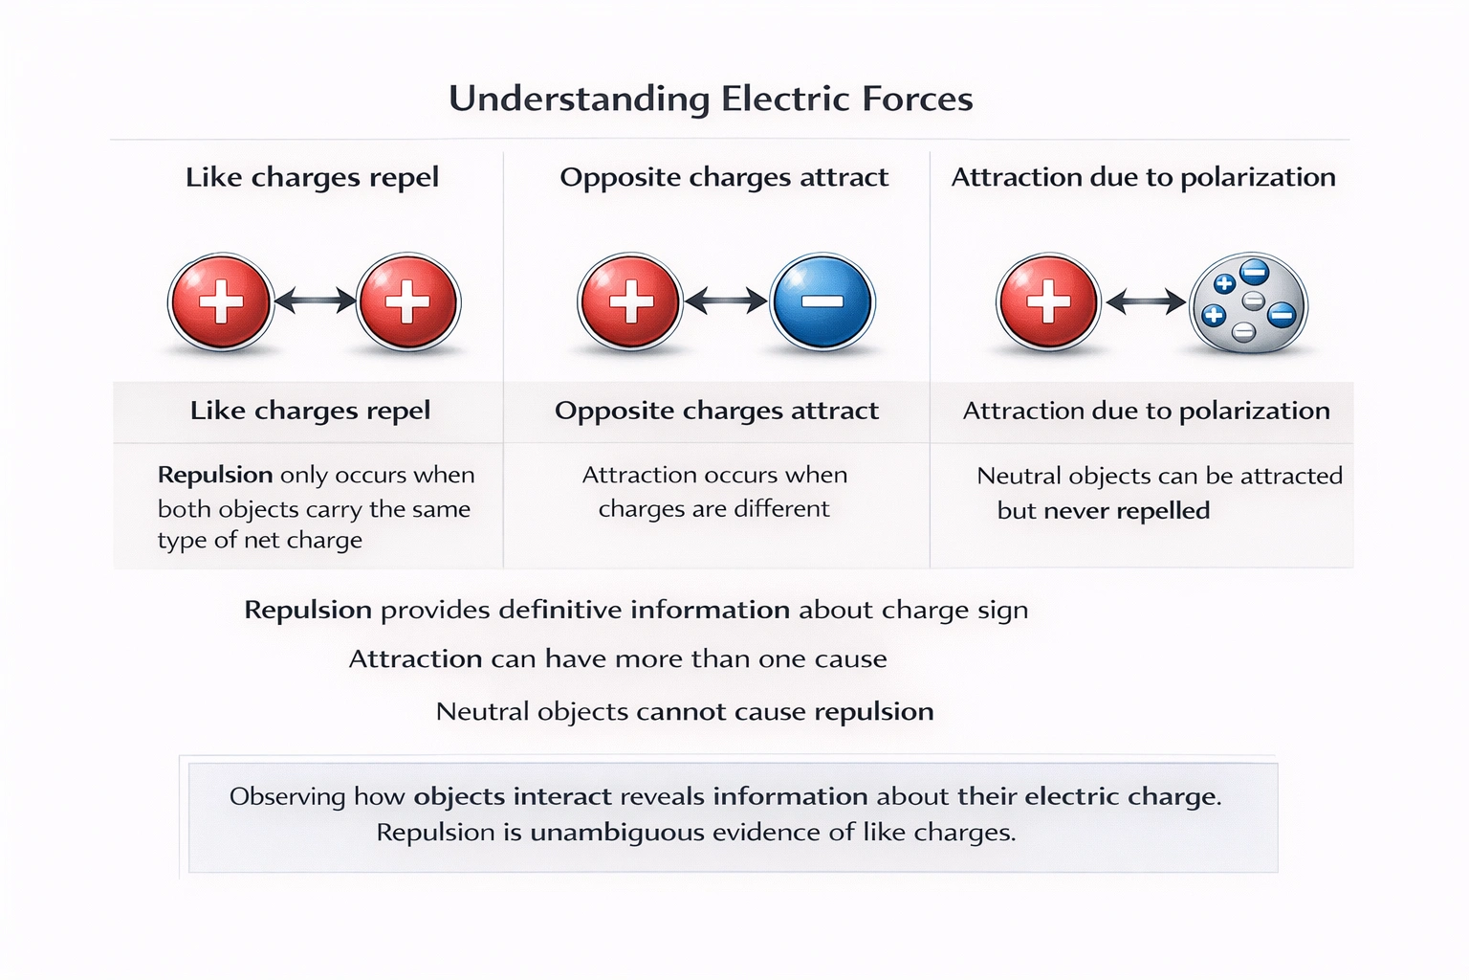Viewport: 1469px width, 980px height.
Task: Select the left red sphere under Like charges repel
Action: pyautogui.click(x=220, y=302)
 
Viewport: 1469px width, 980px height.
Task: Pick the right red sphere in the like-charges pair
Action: pyautogui.click(x=408, y=302)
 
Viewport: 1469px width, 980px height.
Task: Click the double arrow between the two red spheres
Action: pyautogui.click(x=315, y=301)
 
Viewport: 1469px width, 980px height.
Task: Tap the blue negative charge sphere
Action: pyautogui.click(x=822, y=302)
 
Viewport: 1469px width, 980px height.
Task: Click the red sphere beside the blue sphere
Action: pyautogui.click(x=630, y=302)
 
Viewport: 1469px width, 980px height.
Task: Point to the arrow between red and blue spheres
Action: pyautogui.click(x=726, y=301)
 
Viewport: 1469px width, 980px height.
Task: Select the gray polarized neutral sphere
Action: pyautogui.click(x=1248, y=304)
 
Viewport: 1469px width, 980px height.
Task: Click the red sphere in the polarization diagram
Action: pyautogui.click(x=1048, y=302)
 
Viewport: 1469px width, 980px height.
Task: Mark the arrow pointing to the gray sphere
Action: pyautogui.click(x=1145, y=303)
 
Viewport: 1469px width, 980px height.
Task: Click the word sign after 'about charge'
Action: pyautogui.click(x=1001, y=612)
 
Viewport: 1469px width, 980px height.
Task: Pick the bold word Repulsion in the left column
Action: pyautogui.click(x=215, y=476)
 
